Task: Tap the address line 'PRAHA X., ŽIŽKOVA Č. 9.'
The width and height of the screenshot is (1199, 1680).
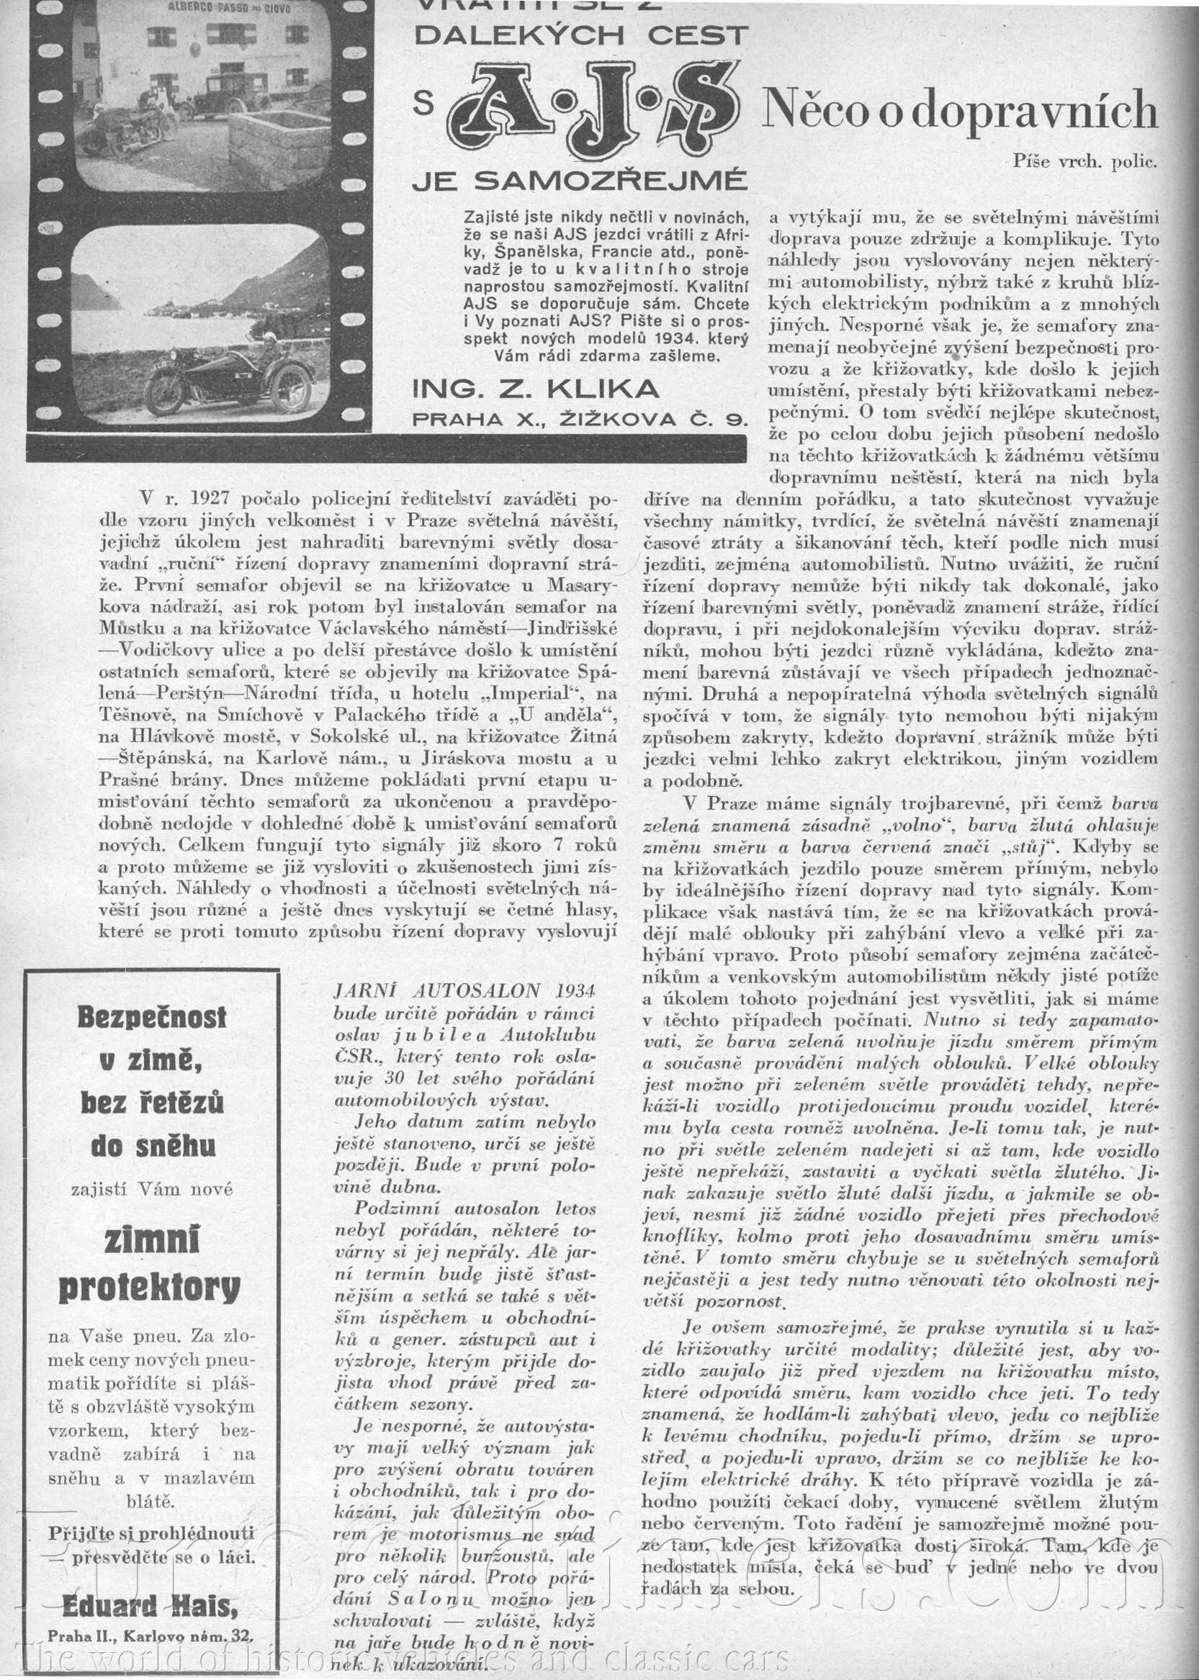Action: tap(580, 419)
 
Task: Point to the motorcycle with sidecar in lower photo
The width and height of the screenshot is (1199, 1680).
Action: tap(221, 374)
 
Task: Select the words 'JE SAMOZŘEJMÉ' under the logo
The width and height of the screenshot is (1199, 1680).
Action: tap(577, 180)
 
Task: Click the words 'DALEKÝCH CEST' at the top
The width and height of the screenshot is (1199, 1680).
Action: tap(580, 35)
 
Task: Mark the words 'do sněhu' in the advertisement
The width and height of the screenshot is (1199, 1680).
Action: tap(153, 1146)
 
